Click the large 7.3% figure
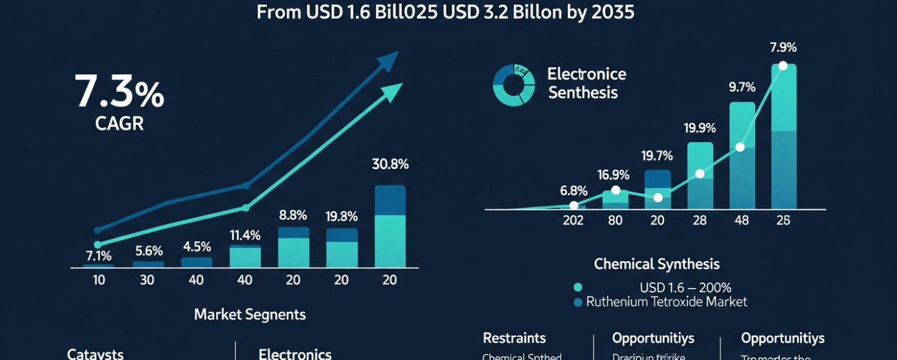click(119, 92)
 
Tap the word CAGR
click(119, 124)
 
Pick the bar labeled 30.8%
click(390, 226)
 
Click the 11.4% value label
click(245, 235)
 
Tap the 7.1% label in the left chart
click(98, 256)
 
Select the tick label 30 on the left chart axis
click(148, 280)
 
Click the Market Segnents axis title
click(249, 314)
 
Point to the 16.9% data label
click(613, 175)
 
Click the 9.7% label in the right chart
click(742, 87)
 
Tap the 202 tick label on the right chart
click(573, 221)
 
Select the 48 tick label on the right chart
click(741, 221)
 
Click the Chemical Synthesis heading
click(656, 264)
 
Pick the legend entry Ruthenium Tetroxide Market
click(667, 302)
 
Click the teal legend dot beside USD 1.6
click(577, 287)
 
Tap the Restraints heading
click(514, 338)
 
